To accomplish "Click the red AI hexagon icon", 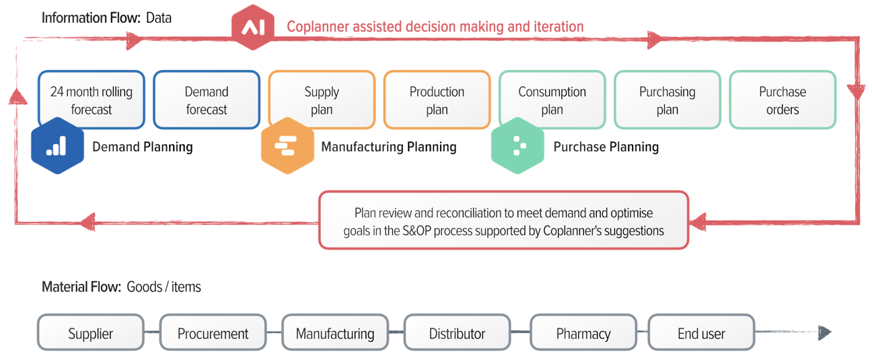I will (x=252, y=27).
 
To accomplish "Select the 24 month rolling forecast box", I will (x=92, y=100).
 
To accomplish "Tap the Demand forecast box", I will (x=207, y=100).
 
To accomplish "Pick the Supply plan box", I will (x=322, y=100).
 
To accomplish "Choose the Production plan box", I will (x=437, y=100).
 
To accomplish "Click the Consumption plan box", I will (x=552, y=100).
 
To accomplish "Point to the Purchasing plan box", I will (x=667, y=100).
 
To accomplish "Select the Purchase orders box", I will (x=783, y=100).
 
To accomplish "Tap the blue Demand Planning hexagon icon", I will (x=57, y=146).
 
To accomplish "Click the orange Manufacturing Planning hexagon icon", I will (x=287, y=146).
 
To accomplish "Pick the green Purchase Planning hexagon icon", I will (x=517, y=146).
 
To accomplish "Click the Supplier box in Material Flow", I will (x=91, y=333).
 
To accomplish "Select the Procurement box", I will (x=213, y=333).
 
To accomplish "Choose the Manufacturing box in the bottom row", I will (x=335, y=333).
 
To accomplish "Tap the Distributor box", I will (x=457, y=333).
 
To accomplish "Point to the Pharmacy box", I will (x=583, y=333).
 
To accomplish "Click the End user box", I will (x=701, y=333).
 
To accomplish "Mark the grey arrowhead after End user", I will (x=824, y=332).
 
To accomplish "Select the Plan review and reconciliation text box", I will (x=503, y=221).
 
